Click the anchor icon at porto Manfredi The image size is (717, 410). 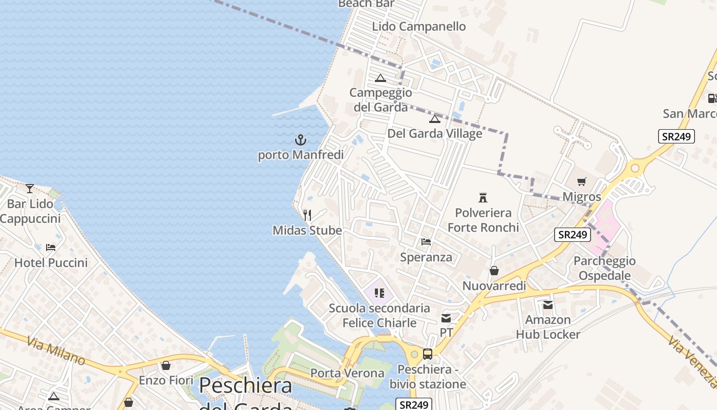tap(300, 139)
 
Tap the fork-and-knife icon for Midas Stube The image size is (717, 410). tap(307, 215)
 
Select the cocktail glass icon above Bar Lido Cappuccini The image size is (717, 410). tap(30, 189)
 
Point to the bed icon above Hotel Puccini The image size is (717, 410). tap(51, 248)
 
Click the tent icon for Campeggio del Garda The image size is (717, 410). tap(380, 78)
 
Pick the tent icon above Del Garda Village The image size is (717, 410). tap(435, 119)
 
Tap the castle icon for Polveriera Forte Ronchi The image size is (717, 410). tap(482, 197)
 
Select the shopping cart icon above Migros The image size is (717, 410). tap(581, 181)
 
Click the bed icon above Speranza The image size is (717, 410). tap(426, 242)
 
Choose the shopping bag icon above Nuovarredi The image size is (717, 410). tap(494, 271)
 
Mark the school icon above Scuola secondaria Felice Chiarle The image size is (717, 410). tap(379, 293)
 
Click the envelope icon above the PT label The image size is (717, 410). tap(446, 318)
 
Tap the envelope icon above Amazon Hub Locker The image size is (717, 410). tap(548, 305)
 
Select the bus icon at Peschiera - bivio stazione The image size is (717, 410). tap(428, 354)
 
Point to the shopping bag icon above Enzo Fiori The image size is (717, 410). tap(166, 365)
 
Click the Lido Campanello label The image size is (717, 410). tap(419, 27)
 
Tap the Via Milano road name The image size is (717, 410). tap(56, 350)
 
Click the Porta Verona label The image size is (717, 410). tap(347, 373)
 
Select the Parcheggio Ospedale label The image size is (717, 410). tap(604, 268)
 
